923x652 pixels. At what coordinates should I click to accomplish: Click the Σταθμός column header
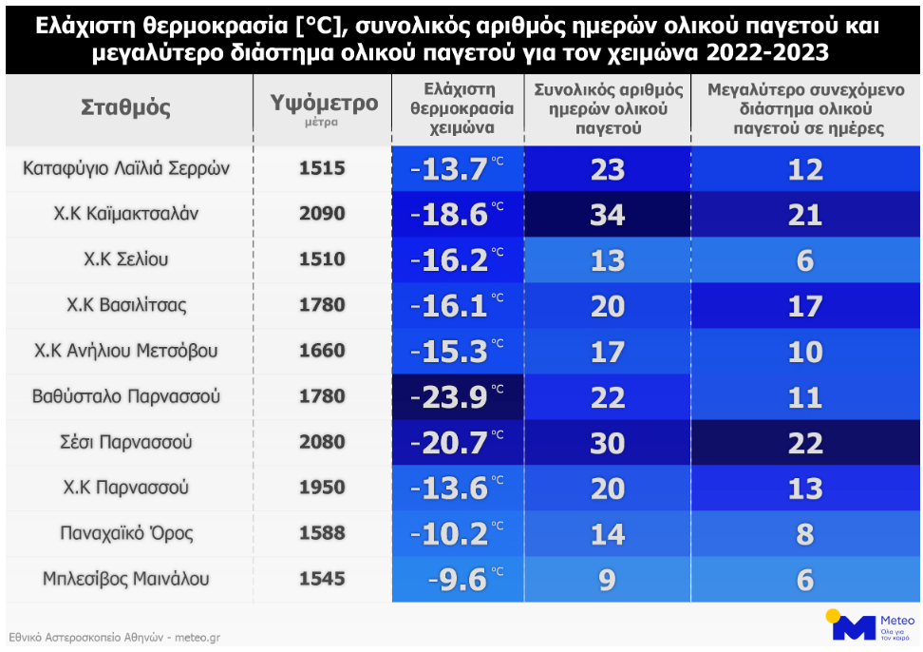126,107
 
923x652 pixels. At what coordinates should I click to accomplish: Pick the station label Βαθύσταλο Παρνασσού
126,396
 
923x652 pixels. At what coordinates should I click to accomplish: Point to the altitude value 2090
323,214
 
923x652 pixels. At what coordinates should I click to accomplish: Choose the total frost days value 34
608,215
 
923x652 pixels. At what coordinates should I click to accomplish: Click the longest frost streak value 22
804,443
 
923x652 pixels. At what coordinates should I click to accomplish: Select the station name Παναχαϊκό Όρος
126,533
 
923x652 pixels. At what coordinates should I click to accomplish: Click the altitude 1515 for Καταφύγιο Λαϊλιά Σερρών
323,168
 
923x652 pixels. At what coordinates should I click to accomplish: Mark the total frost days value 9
608,580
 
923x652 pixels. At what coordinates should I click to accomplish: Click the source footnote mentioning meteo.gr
114,638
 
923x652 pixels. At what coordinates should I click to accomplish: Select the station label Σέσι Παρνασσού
126,442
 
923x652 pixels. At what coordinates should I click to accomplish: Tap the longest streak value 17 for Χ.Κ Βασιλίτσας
804,306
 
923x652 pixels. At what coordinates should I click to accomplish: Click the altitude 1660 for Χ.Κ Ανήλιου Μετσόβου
323,351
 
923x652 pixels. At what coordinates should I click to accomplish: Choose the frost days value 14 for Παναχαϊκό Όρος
608,534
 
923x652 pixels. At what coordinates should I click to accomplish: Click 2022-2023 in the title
761,52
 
